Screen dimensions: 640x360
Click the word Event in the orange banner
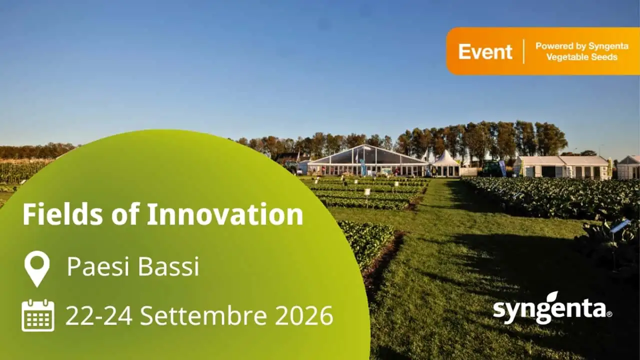[485, 51]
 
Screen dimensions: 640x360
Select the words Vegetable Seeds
[582, 57]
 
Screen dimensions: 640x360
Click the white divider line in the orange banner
[523, 51]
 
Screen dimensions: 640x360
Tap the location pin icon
[37, 269]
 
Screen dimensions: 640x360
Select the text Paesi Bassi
[133, 266]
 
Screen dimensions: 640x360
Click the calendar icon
[37, 315]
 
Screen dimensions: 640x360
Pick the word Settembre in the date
[203, 315]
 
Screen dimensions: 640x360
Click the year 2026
[304, 315]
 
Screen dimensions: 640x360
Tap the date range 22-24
[99, 315]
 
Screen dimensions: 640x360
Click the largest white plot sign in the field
[367, 191]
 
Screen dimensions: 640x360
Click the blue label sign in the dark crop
[620, 225]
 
